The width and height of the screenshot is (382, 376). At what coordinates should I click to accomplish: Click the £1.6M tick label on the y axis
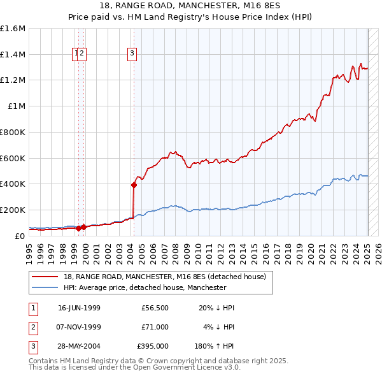[x=13, y=29]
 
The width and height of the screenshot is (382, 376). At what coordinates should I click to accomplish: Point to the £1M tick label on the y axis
[x=17, y=106]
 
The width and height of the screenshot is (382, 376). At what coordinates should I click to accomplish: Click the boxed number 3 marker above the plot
[x=132, y=54]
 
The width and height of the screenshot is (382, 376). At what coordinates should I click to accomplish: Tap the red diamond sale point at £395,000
[x=134, y=185]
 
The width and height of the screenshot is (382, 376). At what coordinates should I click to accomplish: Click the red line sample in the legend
[x=46, y=277]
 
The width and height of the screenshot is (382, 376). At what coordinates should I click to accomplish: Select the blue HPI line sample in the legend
[x=46, y=287]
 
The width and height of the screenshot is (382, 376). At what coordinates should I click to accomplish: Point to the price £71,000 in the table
[x=155, y=328]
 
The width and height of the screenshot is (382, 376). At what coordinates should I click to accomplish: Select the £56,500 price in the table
[x=155, y=308]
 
